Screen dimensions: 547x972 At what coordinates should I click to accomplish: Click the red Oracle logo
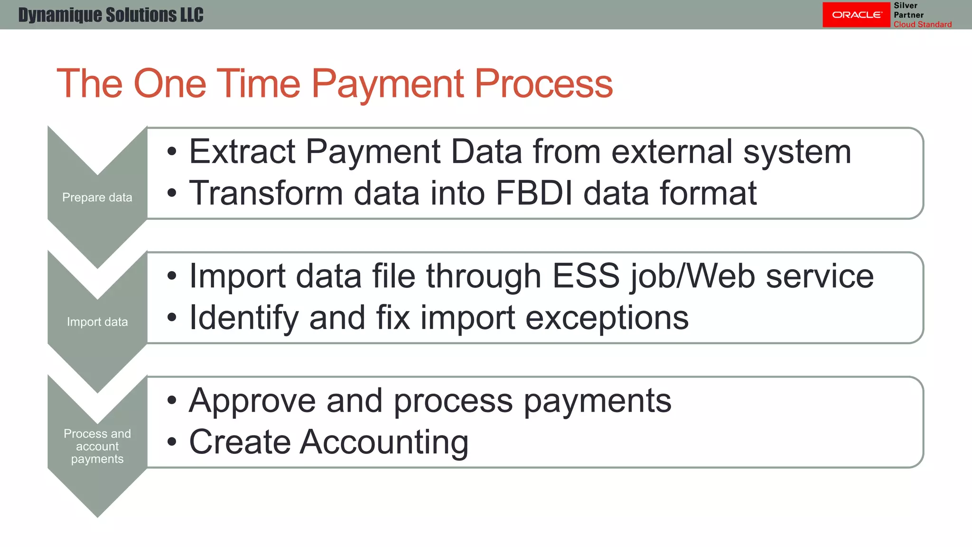coord(856,15)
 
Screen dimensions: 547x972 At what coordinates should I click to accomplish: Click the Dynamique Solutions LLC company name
coord(111,15)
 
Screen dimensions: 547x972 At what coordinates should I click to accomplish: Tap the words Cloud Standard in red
coord(922,24)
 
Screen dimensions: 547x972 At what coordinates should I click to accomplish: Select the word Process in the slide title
coord(543,84)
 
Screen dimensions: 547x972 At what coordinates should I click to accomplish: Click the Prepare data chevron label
coord(97,197)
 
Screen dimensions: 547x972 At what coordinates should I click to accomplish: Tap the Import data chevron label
coord(97,321)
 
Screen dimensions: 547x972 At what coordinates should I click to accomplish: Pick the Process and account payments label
coord(97,446)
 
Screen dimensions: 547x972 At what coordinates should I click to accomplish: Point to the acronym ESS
coord(586,276)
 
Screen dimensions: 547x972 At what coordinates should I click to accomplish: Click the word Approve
coord(252,401)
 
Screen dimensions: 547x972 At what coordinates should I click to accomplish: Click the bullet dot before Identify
coord(172,318)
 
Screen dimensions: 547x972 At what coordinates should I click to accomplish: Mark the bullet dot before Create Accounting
coord(172,442)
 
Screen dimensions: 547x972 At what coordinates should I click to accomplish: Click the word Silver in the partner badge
coord(905,6)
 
